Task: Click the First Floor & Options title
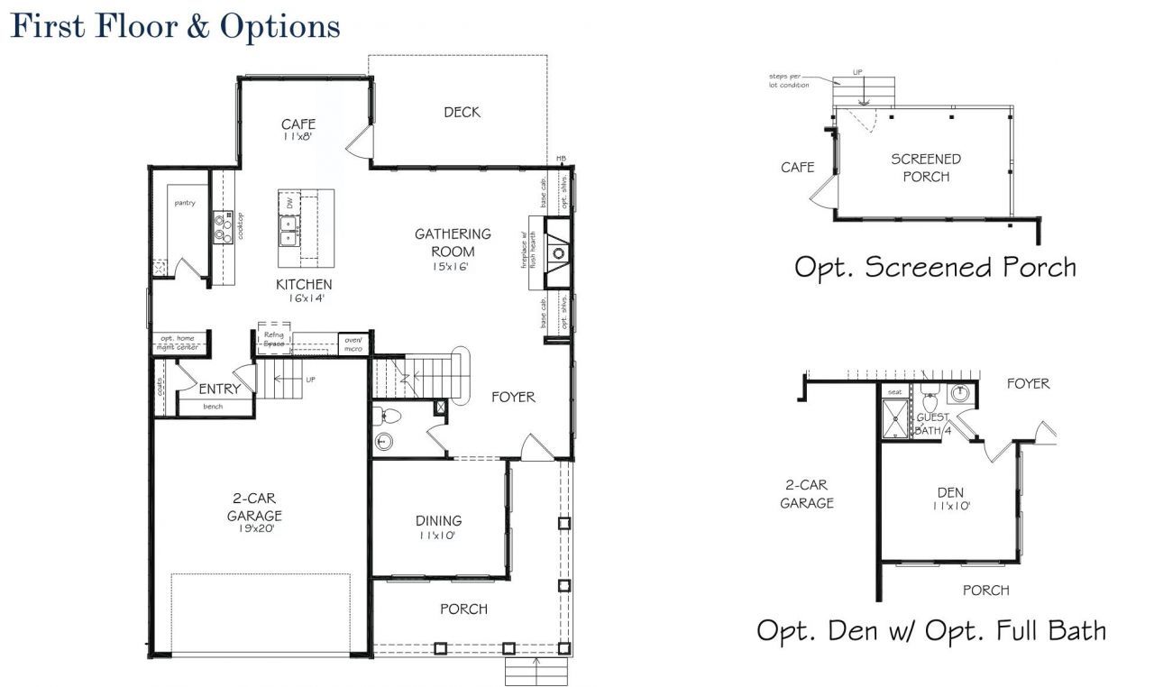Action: (x=175, y=27)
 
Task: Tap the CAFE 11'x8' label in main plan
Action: (x=298, y=130)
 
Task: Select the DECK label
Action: (x=462, y=113)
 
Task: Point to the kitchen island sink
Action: (x=290, y=238)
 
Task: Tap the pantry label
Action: (x=184, y=204)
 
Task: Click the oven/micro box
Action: (x=352, y=343)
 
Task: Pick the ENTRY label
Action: (x=219, y=389)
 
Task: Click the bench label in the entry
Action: (x=213, y=407)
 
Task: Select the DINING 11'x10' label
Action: (x=438, y=527)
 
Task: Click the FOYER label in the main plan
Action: (x=513, y=397)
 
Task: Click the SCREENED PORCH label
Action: (x=926, y=168)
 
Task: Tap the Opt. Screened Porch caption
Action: (x=934, y=267)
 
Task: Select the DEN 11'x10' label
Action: (x=950, y=499)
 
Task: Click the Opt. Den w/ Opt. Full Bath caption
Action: (x=930, y=630)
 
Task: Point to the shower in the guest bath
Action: (x=896, y=419)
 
